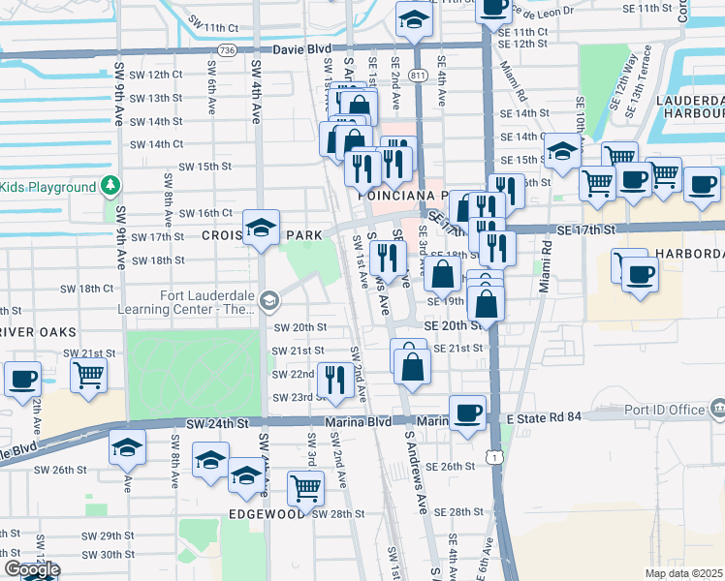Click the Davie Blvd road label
pyautogui.click(x=302, y=47)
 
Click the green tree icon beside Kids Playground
pyautogui.click(x=111, y=186)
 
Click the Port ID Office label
pyautogui.click(x=666, y=410)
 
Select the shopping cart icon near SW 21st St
pyautogui.click(x=88, y=374)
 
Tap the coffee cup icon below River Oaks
pyautogui.click(x=21, y=378)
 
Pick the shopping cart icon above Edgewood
pyautogui.click(x=305, y=488)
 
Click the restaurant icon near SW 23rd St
pyautogui.click(x=335, y=380)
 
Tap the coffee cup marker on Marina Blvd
pyautogui.click(x=467, y=412)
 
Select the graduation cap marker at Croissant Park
pyautogui.click(x=261, y=228)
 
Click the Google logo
pyautogui.click(x=31, y=570)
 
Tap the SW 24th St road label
pyautogui.click(x=218, y=423)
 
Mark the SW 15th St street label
pyautogui.click(x=201, y=167)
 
